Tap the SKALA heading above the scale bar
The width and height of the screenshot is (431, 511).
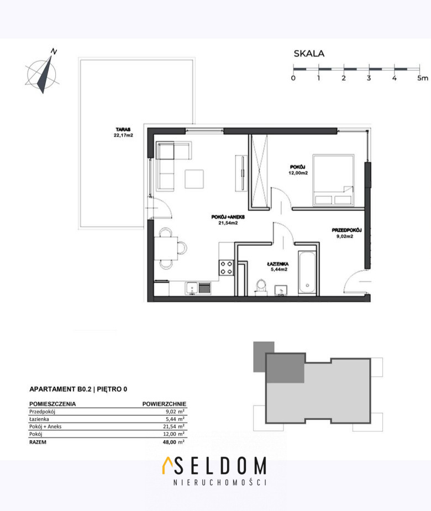[x=309, y=54]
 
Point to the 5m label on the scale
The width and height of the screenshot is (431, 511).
[x=423, y=78]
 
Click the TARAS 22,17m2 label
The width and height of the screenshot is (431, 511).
[x=123, y=132]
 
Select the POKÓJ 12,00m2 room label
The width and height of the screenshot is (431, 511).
[x=298, y=170]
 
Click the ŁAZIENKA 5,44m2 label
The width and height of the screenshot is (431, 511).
[x=277, y=267]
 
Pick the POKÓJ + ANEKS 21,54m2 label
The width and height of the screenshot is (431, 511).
[x=228, y=220]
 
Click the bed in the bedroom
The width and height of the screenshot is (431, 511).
[x=333, y=180]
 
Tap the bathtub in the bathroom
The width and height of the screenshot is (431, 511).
[x=307, y=273]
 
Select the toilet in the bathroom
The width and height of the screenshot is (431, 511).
[x=261, y=287]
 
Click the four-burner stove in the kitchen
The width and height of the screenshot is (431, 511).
[x=226, y=268]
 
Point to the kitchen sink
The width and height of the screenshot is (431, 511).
[x=192, y=289]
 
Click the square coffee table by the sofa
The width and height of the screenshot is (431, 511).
[x=194, y=179]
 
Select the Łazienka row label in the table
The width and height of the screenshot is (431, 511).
[x=39, y=419]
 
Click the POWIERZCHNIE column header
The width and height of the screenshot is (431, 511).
[x=164, y=404]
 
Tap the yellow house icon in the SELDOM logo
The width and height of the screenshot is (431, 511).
[x=167, y=465]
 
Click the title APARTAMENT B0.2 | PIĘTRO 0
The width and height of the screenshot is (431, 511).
[x=78, y=389]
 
